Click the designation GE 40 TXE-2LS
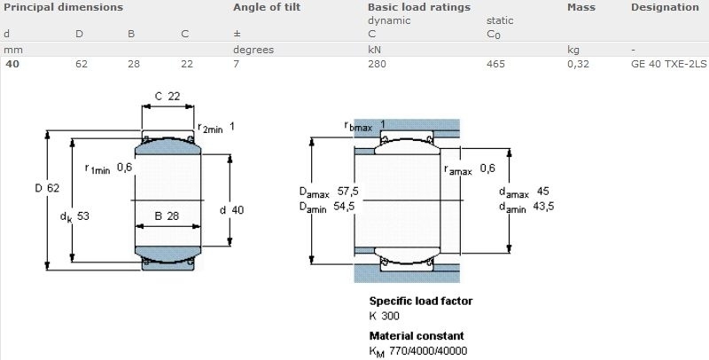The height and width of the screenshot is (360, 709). point(668,64)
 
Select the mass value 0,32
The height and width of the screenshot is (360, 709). point(579,64)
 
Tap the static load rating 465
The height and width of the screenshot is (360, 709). point(495,64)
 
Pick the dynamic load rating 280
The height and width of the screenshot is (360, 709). point(378,64)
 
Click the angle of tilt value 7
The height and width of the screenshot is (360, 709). point(236,64)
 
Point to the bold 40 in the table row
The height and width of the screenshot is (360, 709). point(12,64)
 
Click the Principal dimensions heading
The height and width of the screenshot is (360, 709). point(63,7)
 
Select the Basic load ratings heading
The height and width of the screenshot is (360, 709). point(419,7)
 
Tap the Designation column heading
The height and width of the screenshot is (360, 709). point(666,7)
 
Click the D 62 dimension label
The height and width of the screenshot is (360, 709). point(47,188)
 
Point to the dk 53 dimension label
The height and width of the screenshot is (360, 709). point(74,216)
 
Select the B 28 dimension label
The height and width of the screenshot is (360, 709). point(167,216)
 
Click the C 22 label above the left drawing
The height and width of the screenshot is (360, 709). point(168,96)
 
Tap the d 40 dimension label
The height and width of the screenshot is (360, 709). point(231,210)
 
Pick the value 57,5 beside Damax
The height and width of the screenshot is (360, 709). point(348,192)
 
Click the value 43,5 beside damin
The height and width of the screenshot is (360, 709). point(543,207)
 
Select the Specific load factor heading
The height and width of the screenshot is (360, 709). point(421,301)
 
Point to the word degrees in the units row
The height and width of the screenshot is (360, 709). point(253,50)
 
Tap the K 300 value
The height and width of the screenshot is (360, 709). point(385,316)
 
